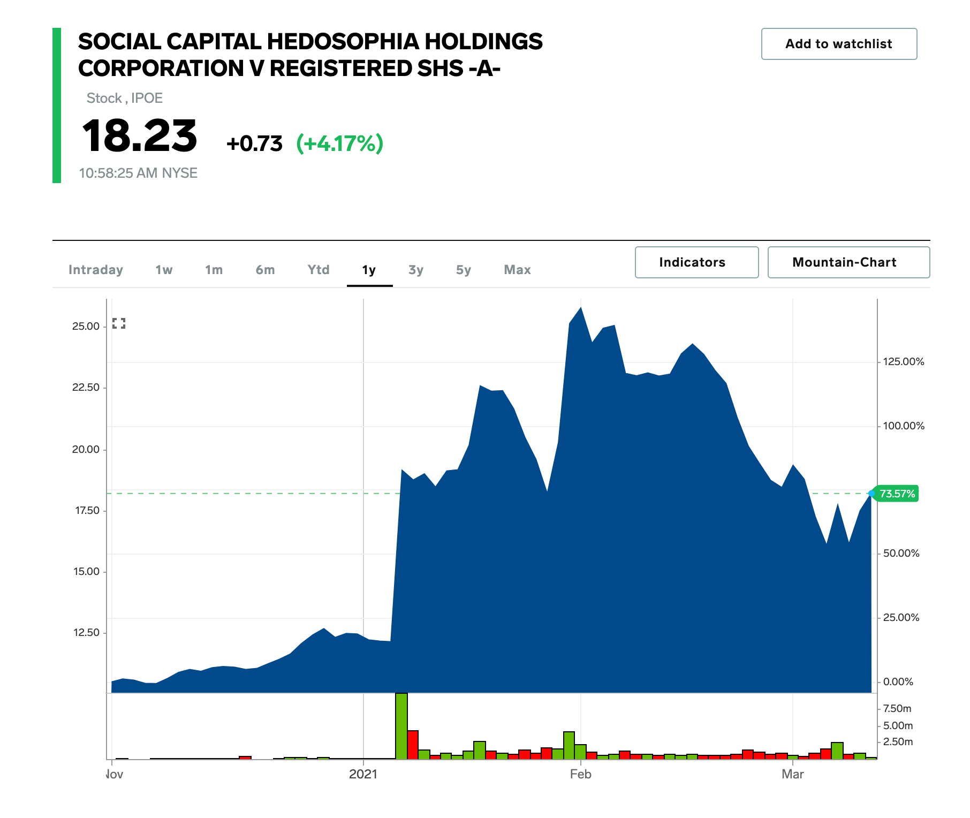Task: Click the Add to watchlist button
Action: (x=838, y=44)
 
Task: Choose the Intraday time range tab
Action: (x=96, y=270)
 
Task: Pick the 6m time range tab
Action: (x=265, y=270)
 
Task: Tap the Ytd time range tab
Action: (x=319, y=270)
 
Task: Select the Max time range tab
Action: (x=517, y=270)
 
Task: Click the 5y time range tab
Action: (x=464, y=270)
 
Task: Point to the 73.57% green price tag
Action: (x=897, y=494)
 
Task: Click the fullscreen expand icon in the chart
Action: (x=119, y=323)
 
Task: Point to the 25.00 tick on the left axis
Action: (x=86, y=327)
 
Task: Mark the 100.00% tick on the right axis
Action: (x=903, y=426)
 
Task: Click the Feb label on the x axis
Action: (x=580, y=774)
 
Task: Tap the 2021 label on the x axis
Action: (x=363, y=774)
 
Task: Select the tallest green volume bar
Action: (x=401, y=726)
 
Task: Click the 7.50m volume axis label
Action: (x=897, y=709)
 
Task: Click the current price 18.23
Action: (x=140, y=136)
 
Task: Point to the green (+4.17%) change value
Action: (x=340, y=143)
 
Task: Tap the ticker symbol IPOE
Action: (x=147, y=99)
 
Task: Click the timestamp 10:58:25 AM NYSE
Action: (x=138, y=173)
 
